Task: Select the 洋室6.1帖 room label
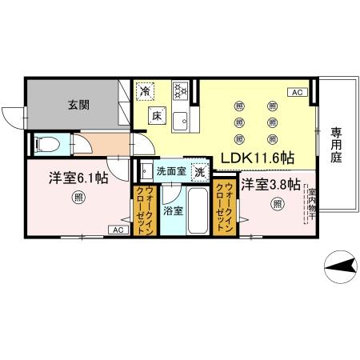point(78,178)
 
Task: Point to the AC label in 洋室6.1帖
point(116,230)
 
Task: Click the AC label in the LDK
point(296,93)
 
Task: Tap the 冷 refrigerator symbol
point(145,90)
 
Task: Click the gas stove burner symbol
point(181,90)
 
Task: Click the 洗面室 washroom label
point(170,171)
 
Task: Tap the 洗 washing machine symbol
point(200,171)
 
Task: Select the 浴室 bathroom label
point(172,210)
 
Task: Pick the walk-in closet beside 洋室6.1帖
point(145,210)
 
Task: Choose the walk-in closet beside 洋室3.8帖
point(225,208)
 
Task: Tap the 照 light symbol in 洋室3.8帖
point(276,204)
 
